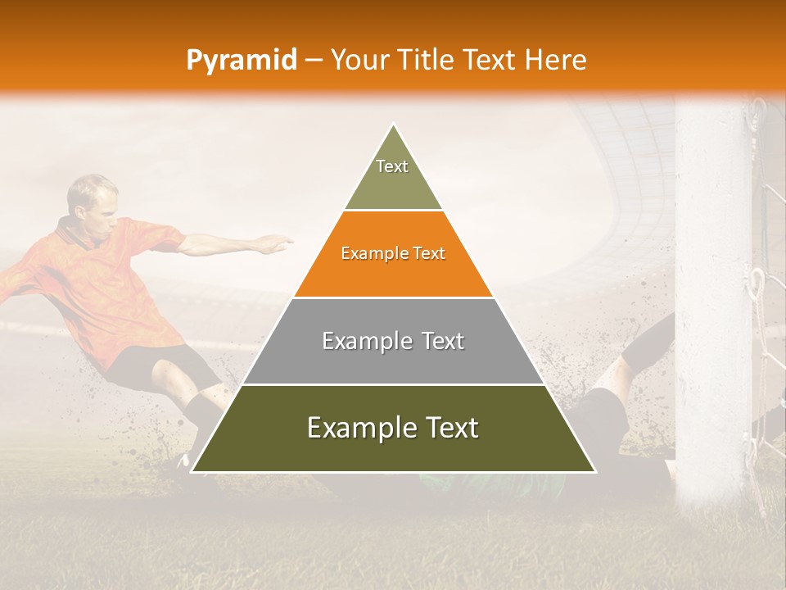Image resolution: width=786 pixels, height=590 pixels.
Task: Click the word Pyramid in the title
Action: [x=241, y=61]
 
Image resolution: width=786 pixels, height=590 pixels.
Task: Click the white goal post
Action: [x=712, y=287]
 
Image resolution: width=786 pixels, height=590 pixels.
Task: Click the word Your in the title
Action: [x=358, y=61]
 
